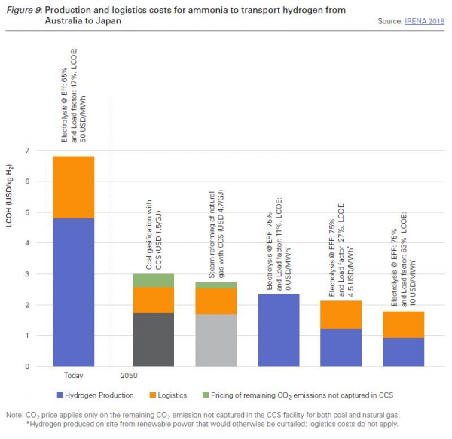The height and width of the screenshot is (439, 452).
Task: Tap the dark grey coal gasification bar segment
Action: [153, 340]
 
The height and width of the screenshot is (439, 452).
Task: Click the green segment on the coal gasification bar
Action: [153, 280]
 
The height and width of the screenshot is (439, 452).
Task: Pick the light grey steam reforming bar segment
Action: [215, 340]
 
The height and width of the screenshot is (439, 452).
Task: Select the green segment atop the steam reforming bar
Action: [215, 285]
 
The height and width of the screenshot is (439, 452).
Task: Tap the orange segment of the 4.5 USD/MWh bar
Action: [341, 315]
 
